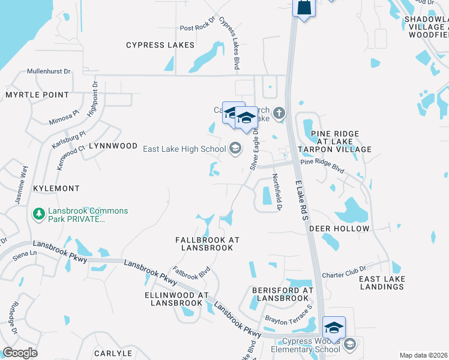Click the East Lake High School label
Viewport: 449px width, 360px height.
(x=184, y=148)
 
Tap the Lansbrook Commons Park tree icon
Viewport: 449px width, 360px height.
(x=39, y=214)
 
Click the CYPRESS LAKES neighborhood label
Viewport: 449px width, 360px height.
(x=160, y=45)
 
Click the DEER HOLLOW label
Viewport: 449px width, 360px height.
(x=339, y=229)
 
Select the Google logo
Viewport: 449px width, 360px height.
(x=20, y=353)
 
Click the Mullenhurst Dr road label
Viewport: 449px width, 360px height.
(x=49, y=71)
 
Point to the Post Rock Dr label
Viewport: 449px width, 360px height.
(x=197, y=28)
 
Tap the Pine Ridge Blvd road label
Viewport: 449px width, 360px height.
(x=322, y=165)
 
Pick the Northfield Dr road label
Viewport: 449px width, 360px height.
(x=277, y=193)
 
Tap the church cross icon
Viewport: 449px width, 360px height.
(x=279, y=112)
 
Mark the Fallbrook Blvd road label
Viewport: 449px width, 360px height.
(x=191, y=273)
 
